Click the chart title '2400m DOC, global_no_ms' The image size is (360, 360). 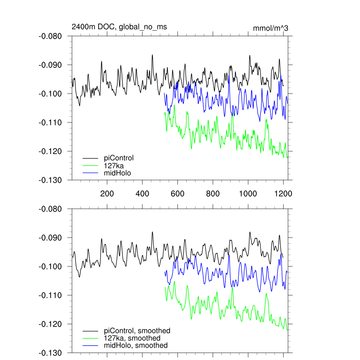[x=119, y=27]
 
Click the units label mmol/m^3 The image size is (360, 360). [x=270, y=28]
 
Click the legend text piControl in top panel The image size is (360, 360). [x=119, y=158]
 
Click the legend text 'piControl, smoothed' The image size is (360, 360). [x=137, y=330]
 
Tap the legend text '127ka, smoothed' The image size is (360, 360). [x=132, y=338]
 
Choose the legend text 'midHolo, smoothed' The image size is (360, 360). [x=136, y=345]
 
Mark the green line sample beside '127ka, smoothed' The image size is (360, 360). [x=90, y=339]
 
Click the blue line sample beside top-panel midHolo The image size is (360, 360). [x=90, y=173]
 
